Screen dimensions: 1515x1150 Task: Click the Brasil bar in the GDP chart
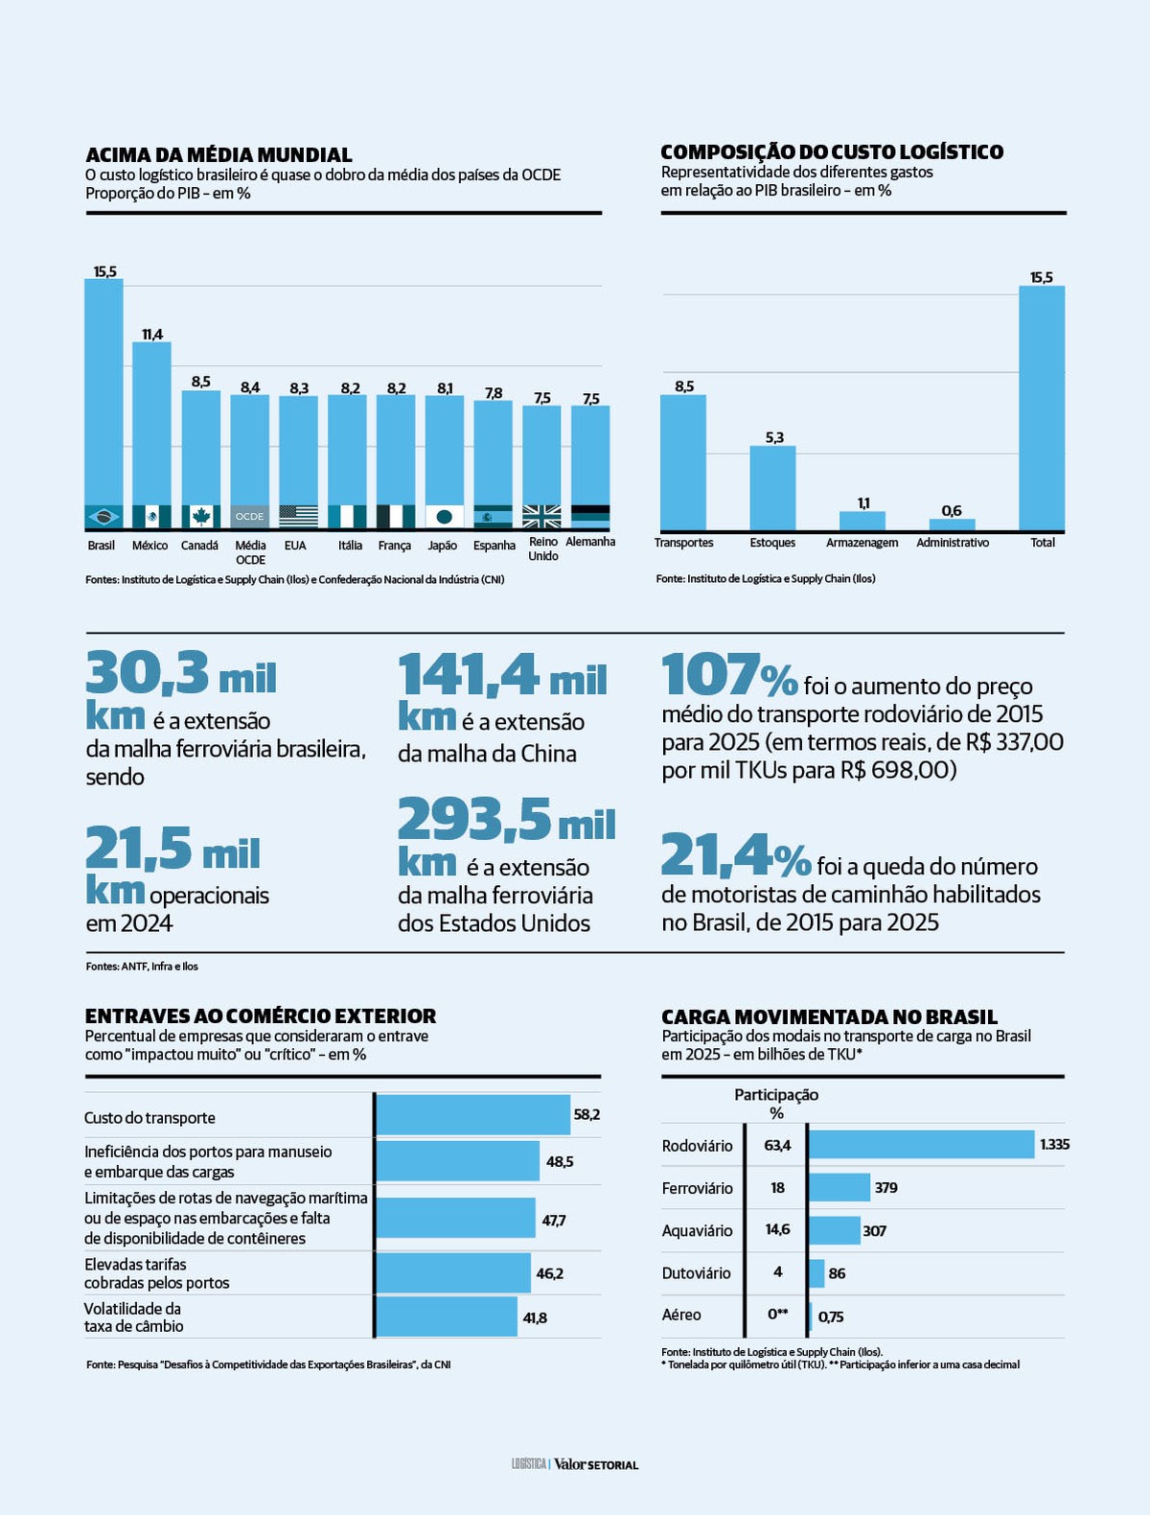coord(103,393)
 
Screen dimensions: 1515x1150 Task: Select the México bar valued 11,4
coord(151,422)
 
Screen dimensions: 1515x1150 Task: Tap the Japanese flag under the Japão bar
coord(444,517)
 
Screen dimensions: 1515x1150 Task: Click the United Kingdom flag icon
coord(541,517)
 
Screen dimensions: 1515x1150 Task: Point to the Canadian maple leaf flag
coord(200,517)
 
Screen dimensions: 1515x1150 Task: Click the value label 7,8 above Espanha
coord(494,393)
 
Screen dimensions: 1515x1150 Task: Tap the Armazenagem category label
coord(862,543)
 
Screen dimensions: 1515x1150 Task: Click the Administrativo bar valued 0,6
coord(952,524)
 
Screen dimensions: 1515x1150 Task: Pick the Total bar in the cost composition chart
coord(1042,408)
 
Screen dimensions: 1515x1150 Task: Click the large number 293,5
coord(474,820)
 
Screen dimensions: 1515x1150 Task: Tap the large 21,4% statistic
coord(736,855)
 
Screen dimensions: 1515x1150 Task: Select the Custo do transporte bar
coord(472,1115)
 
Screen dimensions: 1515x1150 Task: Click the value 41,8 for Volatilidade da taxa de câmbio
coord(535,1318)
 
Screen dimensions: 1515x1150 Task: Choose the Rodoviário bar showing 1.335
coord(921,1145)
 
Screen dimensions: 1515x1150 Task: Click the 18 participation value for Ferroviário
coord(777,1188)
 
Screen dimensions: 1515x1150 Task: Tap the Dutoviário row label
coord(696,1273)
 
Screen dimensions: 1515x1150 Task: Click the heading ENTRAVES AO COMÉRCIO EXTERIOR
coord(260,1016)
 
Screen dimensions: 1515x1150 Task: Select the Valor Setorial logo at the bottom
coord(595,1464)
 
